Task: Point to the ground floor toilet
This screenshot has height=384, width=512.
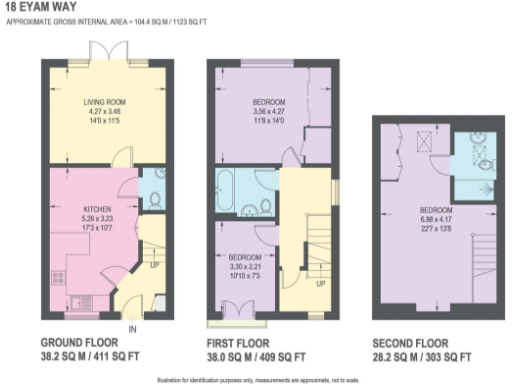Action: coord(146,186)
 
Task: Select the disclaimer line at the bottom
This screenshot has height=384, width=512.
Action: coord(256,379)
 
